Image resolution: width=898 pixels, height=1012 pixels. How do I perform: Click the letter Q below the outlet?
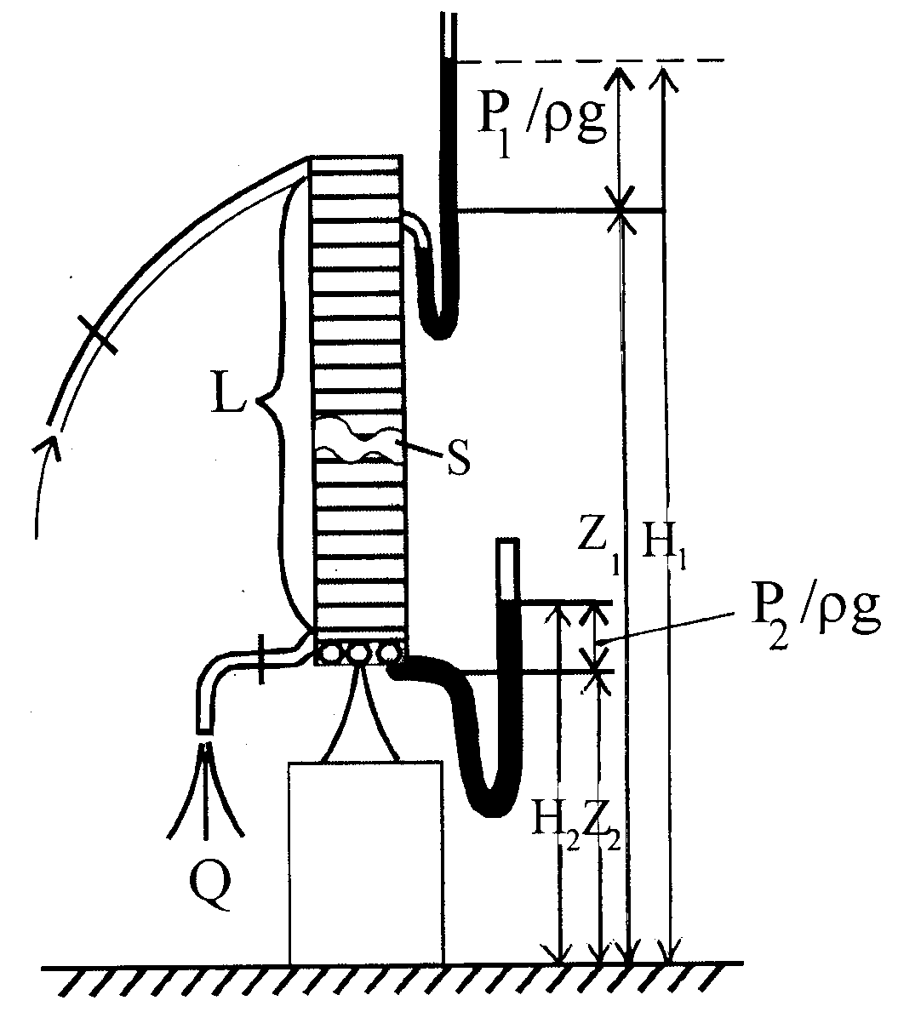click(210, 887)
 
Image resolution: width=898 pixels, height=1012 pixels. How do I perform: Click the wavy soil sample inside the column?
click(357, 439)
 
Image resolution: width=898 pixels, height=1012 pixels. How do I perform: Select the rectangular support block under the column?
click(366, 862)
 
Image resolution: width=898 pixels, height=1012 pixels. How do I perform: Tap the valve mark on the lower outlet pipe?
click(260, 658)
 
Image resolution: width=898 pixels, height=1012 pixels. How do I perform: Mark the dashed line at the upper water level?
click(589, 61)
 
